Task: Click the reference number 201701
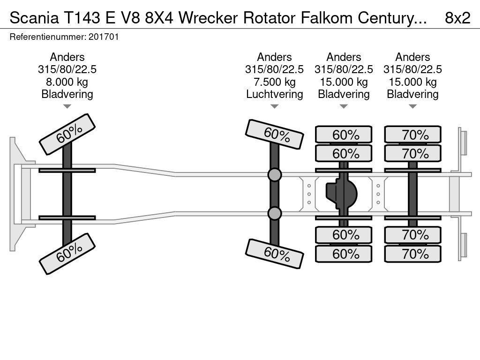(104, 37)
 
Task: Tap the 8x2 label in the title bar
(457, 18)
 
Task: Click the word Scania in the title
(34, 18)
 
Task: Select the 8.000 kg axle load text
(67, 82)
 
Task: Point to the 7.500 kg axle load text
(274, 82)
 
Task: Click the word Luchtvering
(274, 94)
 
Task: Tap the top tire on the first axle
(67, 134)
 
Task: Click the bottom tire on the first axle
(67, 254)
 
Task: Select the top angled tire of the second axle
(274, 134)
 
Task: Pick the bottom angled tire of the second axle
(274, 254)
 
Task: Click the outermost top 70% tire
(412, 135)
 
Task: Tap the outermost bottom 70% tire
(412, 254)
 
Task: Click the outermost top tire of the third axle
(344, 135)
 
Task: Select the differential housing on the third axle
(341, 194)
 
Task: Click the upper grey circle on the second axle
(274, 175)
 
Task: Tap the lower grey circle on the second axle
(274, 213)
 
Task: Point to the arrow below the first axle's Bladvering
(67, 106)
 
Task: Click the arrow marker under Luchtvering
(274, 106)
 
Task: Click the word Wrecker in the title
(208, 18)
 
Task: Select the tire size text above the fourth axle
(412, 69)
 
